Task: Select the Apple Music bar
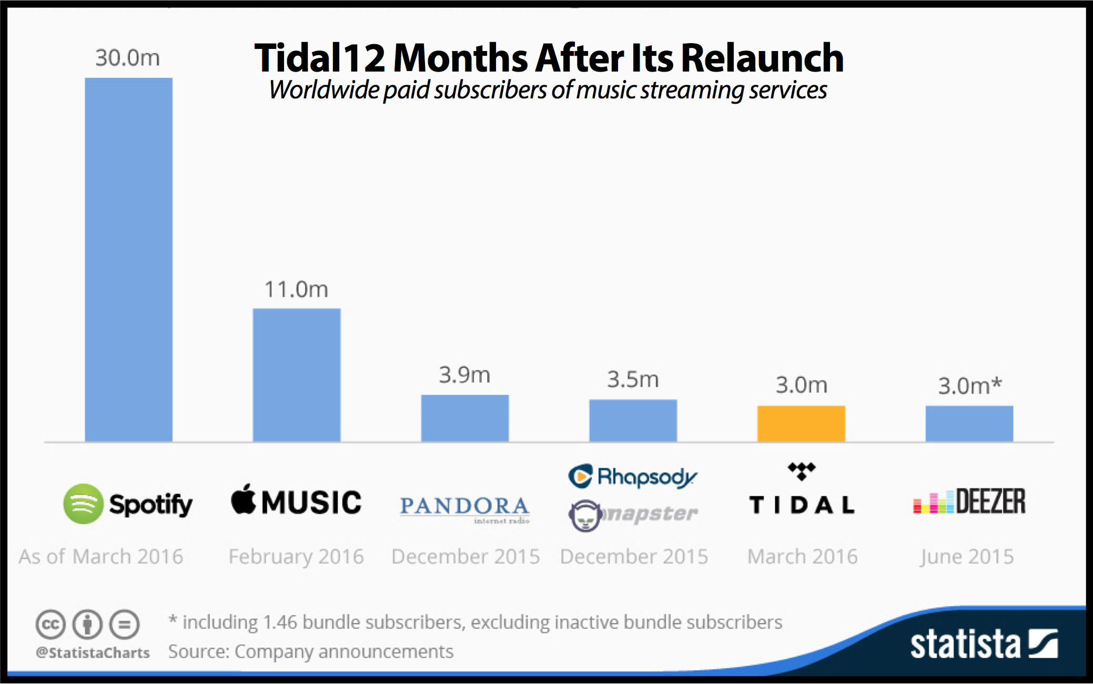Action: pos(297,375)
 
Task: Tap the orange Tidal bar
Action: pos(801,424)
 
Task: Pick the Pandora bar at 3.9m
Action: pos(465,418)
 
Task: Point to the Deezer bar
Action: pos(969,424)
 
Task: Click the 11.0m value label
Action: pos(296,289)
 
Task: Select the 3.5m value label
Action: pos(633,379)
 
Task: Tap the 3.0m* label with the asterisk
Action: pos(970,386)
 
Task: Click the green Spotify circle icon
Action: pos(83,504)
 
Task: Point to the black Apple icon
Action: pos(243,499)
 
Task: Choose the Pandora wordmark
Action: pos(464,506)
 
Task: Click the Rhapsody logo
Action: pos(633,477)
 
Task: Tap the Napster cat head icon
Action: pos(584,516)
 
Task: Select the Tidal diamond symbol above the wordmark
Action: pos(802,470)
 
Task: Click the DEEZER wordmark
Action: pos(990,501)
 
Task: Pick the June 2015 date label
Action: pos(967,557)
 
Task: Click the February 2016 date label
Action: pos(296,557)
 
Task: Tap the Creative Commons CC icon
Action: pos(50,625)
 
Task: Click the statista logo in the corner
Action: pos(984,644)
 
